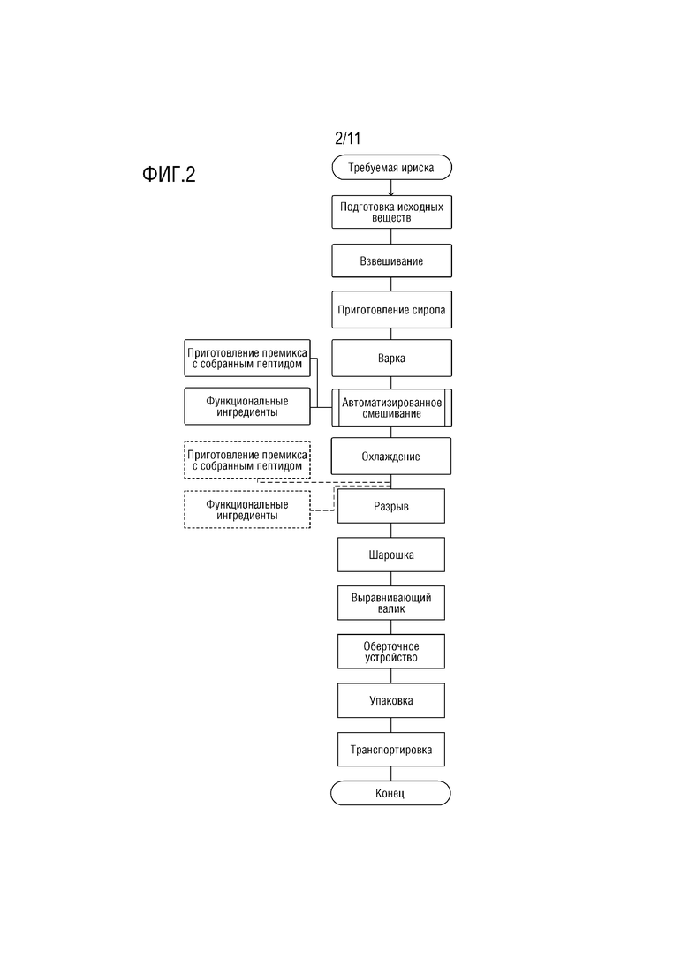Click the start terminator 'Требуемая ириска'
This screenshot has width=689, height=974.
[391, 167]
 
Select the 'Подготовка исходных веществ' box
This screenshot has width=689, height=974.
[391, 212]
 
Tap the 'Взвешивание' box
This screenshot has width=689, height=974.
[391, 260]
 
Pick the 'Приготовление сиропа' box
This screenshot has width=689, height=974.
[391, 309]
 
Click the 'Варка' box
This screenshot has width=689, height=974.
[391, 358]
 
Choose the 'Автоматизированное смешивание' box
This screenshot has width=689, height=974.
[391, 407]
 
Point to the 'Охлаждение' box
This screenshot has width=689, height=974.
[390, 457]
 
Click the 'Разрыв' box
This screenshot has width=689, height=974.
[390, 506]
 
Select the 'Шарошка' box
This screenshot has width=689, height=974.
[390, 555]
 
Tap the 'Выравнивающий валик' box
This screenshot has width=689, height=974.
[390, 603]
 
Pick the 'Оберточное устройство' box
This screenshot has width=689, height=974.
[390, 652]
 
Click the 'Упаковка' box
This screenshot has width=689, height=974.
[390, 700]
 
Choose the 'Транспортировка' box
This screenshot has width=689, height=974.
[390, 750]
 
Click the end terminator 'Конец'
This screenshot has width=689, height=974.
[390, 793]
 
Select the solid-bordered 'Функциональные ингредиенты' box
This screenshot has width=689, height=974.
[247, 406]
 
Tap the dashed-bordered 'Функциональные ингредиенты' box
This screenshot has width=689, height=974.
[247, 510]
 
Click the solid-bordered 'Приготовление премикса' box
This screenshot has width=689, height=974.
[247, 358]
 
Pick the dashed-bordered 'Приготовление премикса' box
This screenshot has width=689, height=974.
[247, 460]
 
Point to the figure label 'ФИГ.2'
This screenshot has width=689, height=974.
[169, 174]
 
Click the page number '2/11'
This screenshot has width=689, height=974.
[348, 138]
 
